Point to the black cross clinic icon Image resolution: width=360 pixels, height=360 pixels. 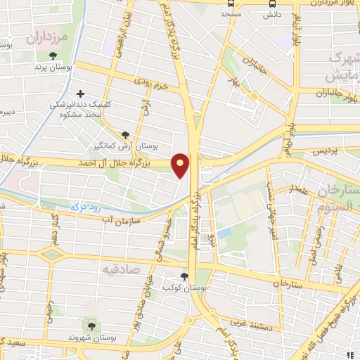click(81, 93)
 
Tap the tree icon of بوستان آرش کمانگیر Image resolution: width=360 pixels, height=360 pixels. click(126, 134)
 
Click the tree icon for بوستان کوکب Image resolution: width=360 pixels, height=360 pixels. click(184, 276)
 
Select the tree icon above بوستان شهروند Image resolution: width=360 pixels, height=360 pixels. click(91, 325)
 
